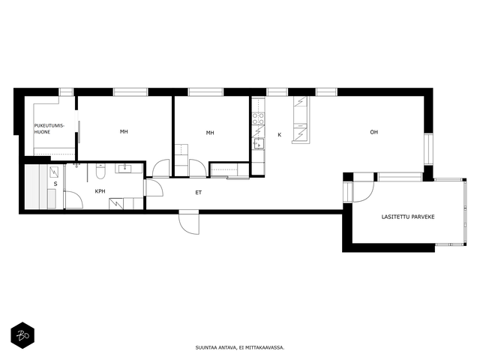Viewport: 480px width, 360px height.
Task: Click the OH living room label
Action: point(373,132)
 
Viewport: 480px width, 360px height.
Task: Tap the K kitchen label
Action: point(279,135)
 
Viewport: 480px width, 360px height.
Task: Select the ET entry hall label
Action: point(198,193)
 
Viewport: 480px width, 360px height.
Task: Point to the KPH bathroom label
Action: point(100,191)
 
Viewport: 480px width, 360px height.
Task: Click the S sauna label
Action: point(55,184)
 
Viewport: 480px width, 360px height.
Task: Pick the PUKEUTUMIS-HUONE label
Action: point(49,129)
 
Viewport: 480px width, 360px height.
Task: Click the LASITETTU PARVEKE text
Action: point(408,217)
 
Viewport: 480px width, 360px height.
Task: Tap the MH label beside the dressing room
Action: point(124,132)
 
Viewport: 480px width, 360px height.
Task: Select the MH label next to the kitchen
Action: point(210,133)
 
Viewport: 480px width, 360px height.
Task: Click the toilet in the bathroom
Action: point(100,172)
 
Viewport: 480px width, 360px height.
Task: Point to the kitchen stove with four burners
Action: point(258,118)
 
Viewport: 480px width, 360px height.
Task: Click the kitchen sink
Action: point(259,143)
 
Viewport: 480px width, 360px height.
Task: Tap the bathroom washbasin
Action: point(125,168)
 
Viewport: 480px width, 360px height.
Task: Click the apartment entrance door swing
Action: point(189,222)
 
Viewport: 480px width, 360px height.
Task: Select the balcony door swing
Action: point(363,192)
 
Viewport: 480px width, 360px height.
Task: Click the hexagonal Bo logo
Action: point(22,335)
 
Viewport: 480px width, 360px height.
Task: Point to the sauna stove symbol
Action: point(54,172)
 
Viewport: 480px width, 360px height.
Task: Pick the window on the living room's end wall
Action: point(428,150)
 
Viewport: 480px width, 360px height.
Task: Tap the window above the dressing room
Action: point(66,92)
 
